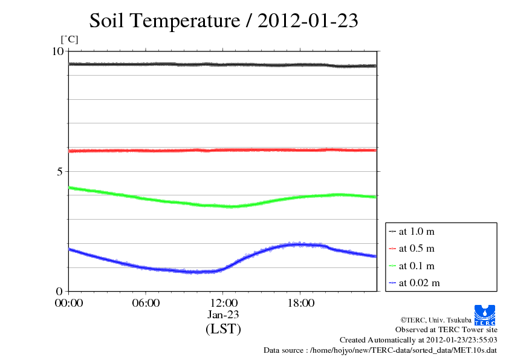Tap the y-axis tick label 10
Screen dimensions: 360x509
tap(57, 51)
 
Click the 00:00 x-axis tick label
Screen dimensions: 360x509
tap(69, 303)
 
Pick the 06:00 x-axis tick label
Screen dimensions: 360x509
tap(146, 303)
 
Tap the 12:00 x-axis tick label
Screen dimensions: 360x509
tap(223, 303)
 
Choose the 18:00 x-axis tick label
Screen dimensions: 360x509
tap(300, 303)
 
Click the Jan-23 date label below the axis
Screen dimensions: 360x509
tap(223, 315)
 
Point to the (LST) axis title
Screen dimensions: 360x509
tap(223, 330)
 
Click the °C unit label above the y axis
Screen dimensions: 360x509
tap(70, 40)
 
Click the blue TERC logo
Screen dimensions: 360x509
tap(485, 315)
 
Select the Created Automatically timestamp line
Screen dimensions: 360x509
tap(418, 340)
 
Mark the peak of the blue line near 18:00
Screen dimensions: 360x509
tap(296, 244)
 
